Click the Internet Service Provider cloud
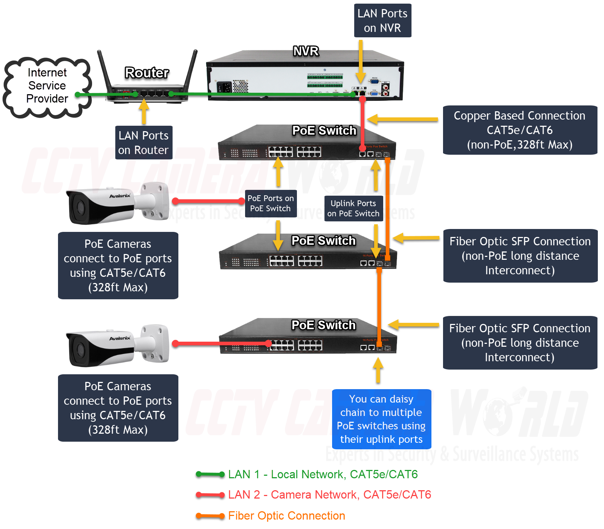(x=47, y=86)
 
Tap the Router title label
(x=147, y=72)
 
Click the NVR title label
(x=306, y=51)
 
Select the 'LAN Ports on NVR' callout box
(x=382, y=21)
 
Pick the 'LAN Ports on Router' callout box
(x=144, y=142)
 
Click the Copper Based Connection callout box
(x=520, y=130)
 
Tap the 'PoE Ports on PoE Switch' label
(x=271, y=203)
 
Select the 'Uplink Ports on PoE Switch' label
(x=353, y=208)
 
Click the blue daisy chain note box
(x=381, y=419)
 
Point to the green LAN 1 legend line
(x=210, y=474)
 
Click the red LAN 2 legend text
(x=330, y=495)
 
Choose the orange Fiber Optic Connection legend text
(x=286, y=516)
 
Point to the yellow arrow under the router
(x=144, y=111)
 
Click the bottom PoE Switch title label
(x=323, y=325)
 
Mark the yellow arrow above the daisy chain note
(x=378, y=370)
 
